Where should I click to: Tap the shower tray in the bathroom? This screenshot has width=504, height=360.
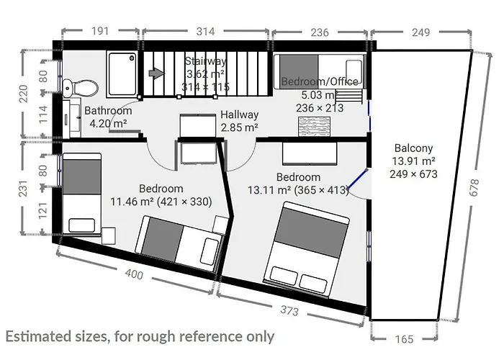122,75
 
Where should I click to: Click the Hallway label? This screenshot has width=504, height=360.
239,114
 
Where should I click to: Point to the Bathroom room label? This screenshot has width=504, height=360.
108,111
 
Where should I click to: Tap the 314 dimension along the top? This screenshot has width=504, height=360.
206,32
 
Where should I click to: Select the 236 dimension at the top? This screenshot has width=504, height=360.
319,32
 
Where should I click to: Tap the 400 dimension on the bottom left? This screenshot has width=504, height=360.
133,274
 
